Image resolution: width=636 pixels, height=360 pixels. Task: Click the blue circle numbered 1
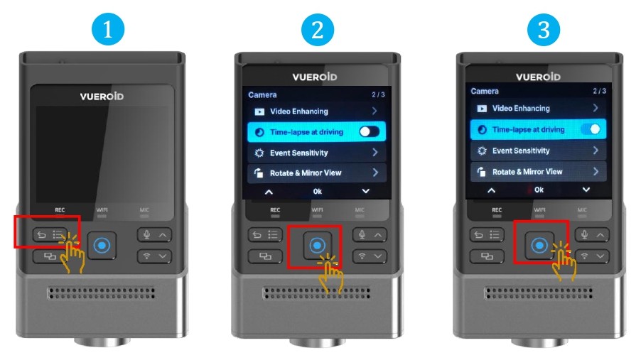click(x=108, y=30)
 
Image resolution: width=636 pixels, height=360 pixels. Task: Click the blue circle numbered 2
click(x=318, y=30)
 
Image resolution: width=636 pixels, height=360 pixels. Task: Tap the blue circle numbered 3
click(x=544, y=30)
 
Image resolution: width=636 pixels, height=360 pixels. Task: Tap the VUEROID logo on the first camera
click(x=102, y=97)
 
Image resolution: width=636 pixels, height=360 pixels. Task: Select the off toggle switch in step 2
click(x=369, y=131)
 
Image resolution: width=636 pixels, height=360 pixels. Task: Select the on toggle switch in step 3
click(x=591, y=129)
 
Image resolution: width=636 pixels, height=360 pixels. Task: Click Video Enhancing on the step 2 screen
click(x=299, y=111)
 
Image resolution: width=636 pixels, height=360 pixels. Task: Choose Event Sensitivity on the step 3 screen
click(x=521, y=151)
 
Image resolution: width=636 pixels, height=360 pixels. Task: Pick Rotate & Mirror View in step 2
click(x=306, y=173)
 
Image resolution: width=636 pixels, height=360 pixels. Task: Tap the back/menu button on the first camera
click(x=50, y=235)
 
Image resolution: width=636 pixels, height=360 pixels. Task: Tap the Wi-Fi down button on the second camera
click(x=370, y=256)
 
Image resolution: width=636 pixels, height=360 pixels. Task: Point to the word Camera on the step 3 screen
click(x=485, y=91)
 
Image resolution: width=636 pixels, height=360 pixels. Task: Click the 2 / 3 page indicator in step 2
click(x=378, y=94)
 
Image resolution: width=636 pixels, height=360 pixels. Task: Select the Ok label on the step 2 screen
click(x=318, y=191)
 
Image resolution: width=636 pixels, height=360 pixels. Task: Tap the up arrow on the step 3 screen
click(x=491, y=190)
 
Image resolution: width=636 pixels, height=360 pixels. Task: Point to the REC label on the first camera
click(x=60, y=210)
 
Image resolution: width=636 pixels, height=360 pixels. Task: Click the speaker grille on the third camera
click(x=538, y=293)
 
